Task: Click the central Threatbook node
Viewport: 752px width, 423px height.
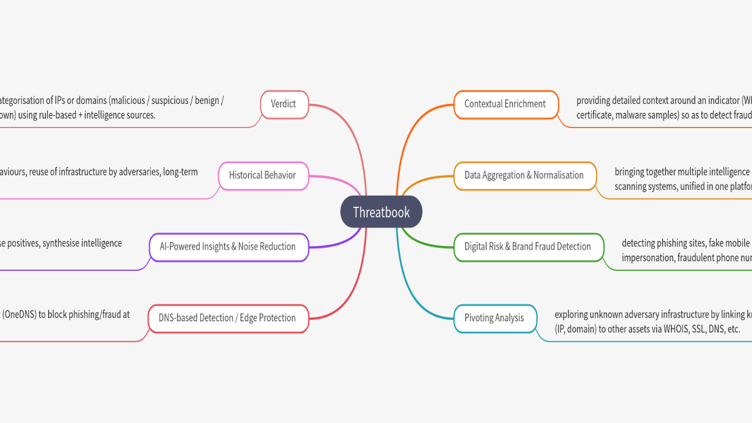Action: (x=381, y=212)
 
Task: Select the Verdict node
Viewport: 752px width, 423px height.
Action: (x=284, y=104)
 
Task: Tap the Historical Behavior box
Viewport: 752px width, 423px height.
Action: (x=263, y=175)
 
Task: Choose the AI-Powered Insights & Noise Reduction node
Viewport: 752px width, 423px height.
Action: (x=228, y=247)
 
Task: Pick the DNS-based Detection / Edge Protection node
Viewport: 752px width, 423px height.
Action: (x=227, y=318)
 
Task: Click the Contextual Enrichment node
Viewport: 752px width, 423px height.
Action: (x=505, y=104)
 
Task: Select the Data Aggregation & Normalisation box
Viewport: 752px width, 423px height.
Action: (x=524, y=175)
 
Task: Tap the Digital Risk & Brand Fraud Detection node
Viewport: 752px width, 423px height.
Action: (x=528, y=247)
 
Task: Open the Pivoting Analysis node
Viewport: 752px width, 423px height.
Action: (x=494, y=318)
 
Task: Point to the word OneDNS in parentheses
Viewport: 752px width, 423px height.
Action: (x=19, y=314)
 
